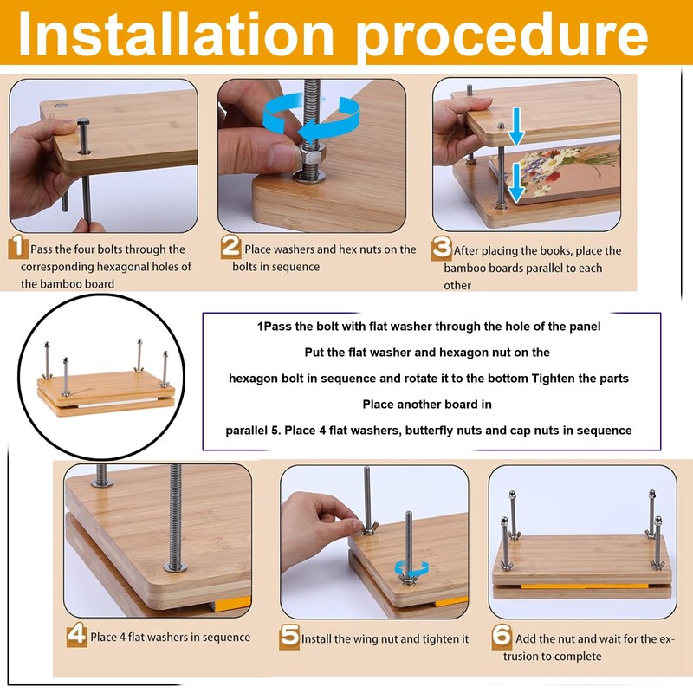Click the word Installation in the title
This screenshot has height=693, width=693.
(176, 35)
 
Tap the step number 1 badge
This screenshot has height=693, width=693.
(18, 246)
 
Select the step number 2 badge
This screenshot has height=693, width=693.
(230, 246)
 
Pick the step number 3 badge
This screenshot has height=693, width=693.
(442, 248)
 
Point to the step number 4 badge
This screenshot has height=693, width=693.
(76, 634)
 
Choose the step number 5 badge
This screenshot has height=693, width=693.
(289, 637)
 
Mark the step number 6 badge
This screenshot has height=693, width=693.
(502, 637)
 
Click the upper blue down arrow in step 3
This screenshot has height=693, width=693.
(515, 126)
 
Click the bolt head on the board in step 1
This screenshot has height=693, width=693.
(83, 121)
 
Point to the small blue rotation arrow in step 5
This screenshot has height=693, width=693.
(411, 567)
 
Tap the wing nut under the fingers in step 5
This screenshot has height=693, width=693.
(368, 528)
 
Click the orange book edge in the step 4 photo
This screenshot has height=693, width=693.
(232, 603)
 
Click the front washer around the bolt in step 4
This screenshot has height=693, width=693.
(176, 567)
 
